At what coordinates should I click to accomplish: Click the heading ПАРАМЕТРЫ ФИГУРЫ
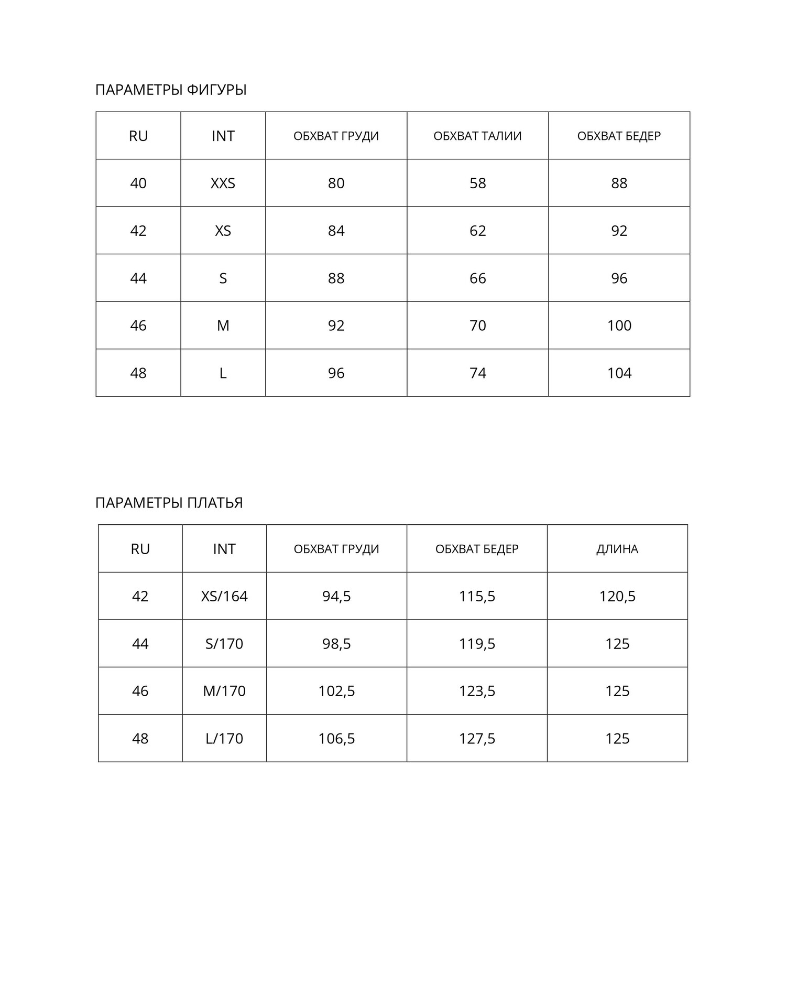[171, 90]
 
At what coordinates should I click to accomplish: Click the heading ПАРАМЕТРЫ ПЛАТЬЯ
[169, 503]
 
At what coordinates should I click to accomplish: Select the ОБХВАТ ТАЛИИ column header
[477, 136]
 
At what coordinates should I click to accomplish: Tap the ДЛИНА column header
[617, 549]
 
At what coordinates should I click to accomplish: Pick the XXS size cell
[223, 183]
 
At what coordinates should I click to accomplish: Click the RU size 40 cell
[138, 183]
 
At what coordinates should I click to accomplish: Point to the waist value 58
[477, 183]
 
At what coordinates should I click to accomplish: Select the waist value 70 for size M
[477, 326]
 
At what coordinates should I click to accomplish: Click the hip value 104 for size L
[619, 373]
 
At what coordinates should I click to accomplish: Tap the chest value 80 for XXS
[336, 183]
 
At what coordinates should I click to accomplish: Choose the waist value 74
[477, 373]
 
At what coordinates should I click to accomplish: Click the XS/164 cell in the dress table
[224, 597]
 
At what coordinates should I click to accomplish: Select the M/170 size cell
[224, 691]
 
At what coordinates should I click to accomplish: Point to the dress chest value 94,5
[336, 597]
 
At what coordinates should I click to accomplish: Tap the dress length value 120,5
[617, 597]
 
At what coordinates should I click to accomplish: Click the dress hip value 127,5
[477, 739]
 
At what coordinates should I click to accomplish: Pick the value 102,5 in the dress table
[336, 691]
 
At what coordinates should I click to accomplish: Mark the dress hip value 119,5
[477, 644]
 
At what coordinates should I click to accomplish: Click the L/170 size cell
[224, 739]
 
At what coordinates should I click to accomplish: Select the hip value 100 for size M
[619, 326]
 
